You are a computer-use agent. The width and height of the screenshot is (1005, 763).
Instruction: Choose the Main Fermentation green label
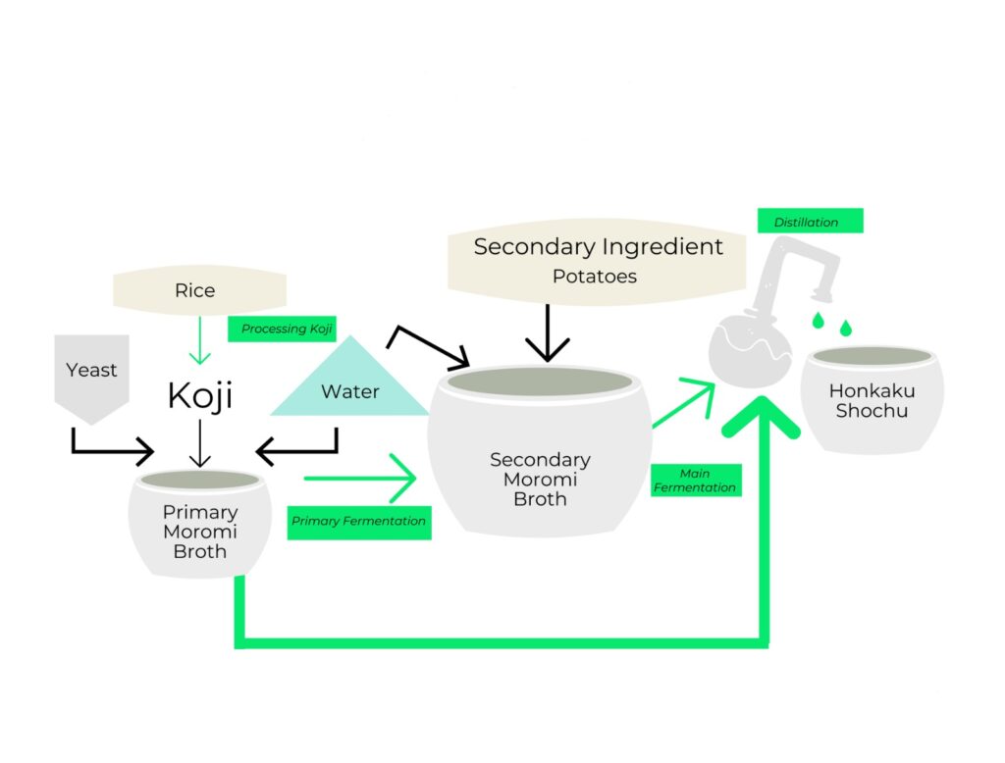[x=695, y=481]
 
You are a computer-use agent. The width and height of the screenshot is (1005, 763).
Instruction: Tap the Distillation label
[x=809, y=222]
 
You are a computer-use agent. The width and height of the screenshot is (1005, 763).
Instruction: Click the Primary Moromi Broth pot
[x=200, y=525]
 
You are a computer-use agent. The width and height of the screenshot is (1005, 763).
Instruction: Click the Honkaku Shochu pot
[x=872, y=399]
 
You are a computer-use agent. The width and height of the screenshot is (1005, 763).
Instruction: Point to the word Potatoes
[x=595, y=277]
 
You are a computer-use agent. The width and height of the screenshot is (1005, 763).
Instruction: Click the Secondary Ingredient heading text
[x=598, y=247]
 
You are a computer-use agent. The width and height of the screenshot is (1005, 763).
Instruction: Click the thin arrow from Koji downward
[x=200, y=443]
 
